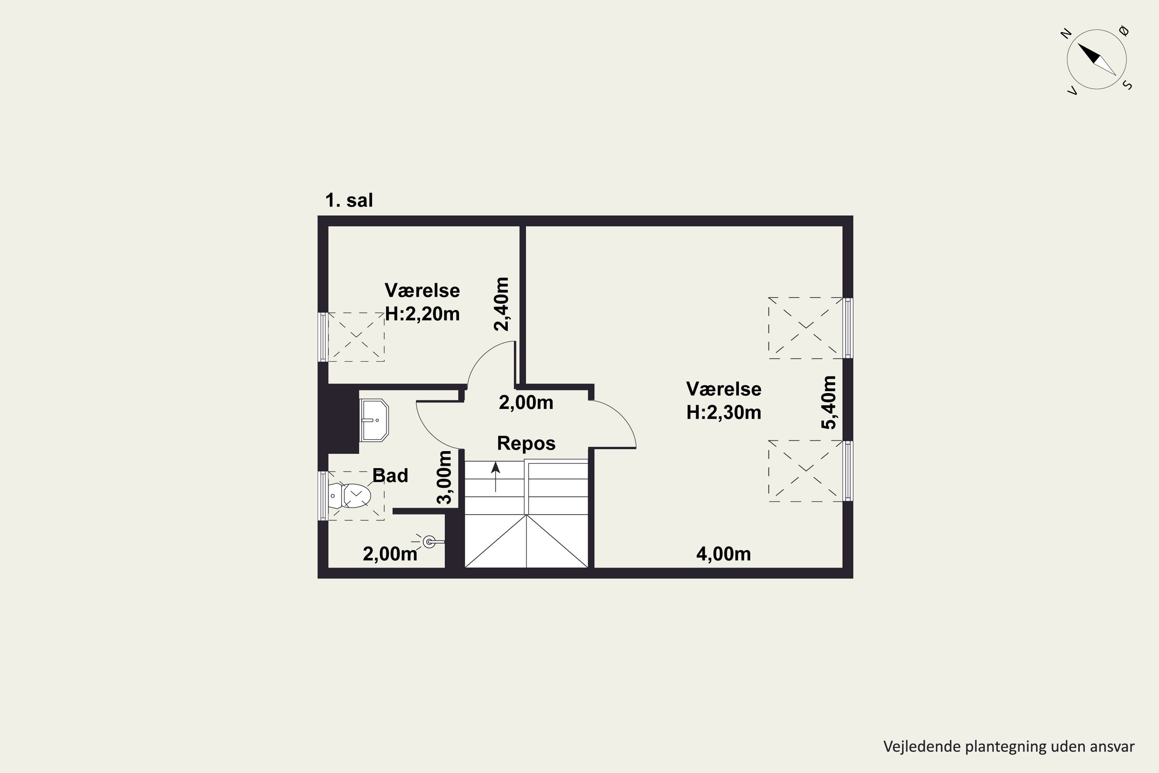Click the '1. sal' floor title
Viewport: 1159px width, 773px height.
349,201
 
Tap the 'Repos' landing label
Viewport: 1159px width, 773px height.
526,443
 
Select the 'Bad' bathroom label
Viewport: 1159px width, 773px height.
390,476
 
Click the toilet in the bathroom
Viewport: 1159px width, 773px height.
349,495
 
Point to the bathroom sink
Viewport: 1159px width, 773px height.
374,421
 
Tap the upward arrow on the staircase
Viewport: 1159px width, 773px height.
496,477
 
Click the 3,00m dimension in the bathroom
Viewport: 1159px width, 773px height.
445,477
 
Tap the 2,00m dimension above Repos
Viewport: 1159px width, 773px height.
526,403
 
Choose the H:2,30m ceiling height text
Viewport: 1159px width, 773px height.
724,412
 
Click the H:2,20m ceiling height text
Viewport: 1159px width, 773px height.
422,313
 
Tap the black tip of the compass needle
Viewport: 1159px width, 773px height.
1078,44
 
